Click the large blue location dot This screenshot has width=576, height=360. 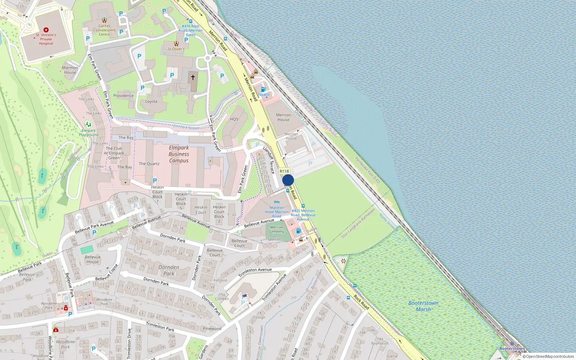click(x=288, y=180)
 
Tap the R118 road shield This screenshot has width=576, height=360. click(x=284, y=171)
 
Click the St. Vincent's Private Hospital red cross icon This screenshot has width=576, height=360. click(x=46, y=30)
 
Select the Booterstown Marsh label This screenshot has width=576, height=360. click(x=423, y=306)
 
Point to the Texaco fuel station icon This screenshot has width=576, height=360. click(x=263, y=89)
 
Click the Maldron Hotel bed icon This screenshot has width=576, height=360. click(x=276, y=202)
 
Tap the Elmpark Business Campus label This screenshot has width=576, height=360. click(x=179, y=154)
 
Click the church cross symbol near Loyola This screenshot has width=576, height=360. click(x=193, y=77)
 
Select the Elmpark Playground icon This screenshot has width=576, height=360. click(x=88, y=125)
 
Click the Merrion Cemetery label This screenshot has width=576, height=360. click(x=276, y=229)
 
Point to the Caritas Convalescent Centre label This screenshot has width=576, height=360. click(x=104, y=30)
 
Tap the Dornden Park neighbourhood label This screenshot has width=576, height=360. click(x=169, y=270)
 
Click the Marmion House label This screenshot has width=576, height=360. click(x=70, y=70)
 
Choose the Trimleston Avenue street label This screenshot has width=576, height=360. click(x=255, y=272)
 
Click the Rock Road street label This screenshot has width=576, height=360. click(x=361, y=302)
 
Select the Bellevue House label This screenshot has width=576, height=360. click(x=93, y=259)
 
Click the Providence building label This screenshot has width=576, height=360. click(x=123, y=96)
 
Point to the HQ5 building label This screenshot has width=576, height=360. click(x=234, y=119)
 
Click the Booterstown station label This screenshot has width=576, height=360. click(x=512, y=348)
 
